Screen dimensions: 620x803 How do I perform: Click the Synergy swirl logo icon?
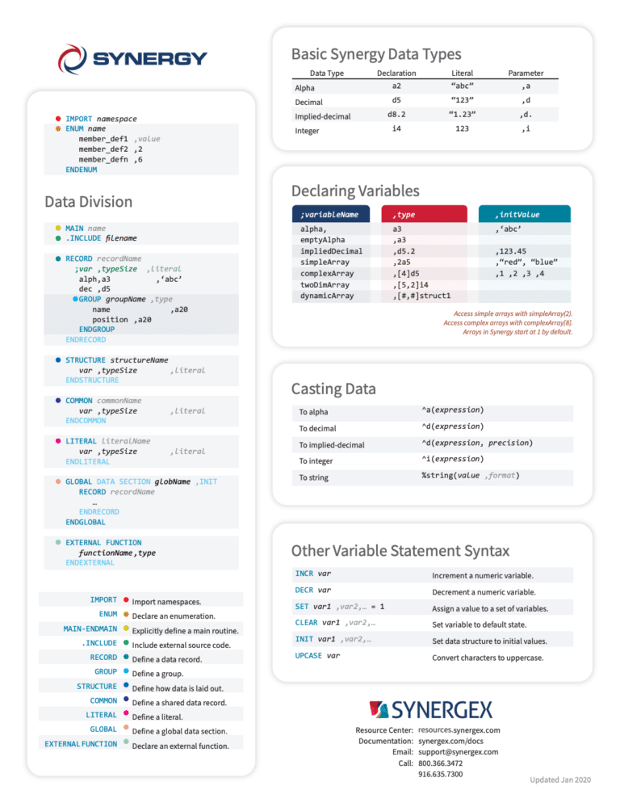(x=72, y=59)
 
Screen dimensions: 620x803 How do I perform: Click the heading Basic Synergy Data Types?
(x=375, y=55)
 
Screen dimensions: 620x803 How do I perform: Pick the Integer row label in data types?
(x=307, y=130)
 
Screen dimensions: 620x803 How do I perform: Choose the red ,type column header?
(x=404, y=214)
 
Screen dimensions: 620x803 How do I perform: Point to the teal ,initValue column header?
(x=517, y=214)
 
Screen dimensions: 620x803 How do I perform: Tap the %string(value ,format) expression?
(x=470, y=476)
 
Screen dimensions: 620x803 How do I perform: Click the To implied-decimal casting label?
(x=331, y=445)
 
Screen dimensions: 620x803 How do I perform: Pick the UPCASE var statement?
(x=317, y=656)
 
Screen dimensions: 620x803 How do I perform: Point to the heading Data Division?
(x=89, y=201)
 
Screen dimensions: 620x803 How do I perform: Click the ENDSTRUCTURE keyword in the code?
(x=92, y=380)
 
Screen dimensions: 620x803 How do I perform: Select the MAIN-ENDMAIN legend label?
(x=90, y=629)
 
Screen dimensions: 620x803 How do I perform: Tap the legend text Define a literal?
(x=169, y=717)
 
